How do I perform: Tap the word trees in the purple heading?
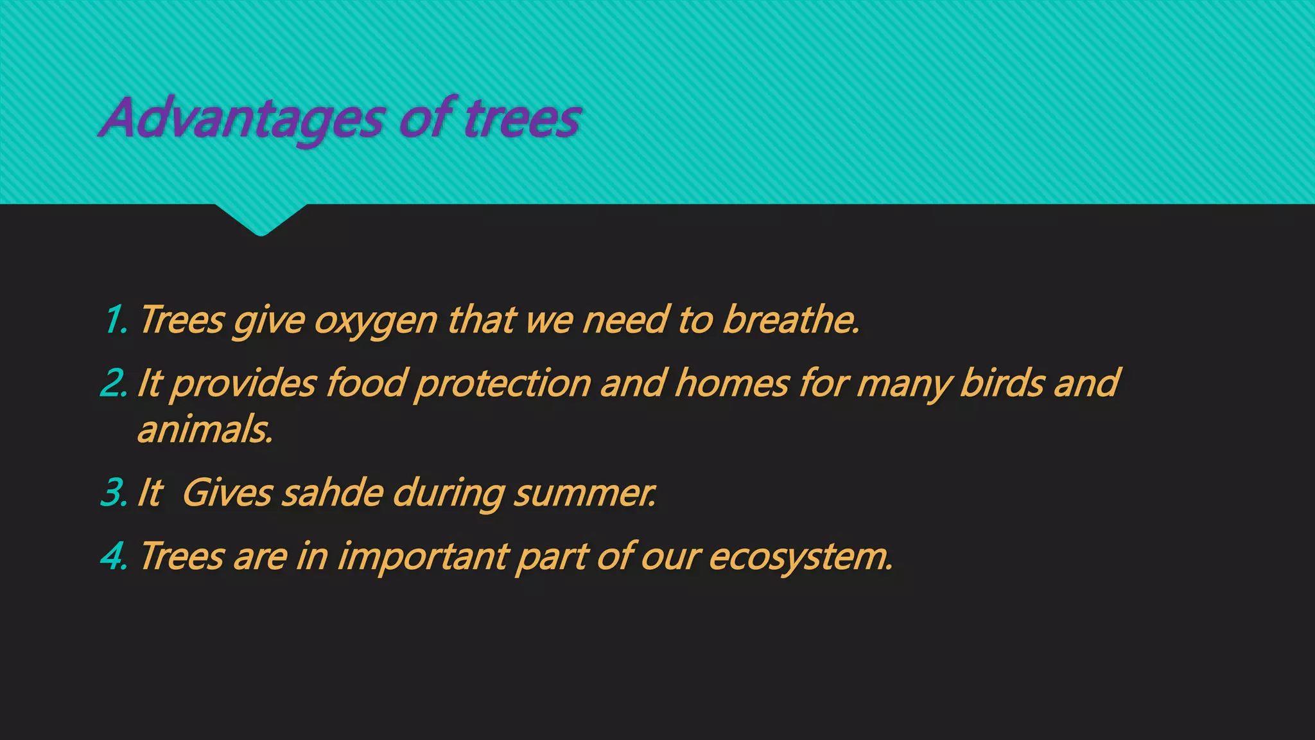click(x=522, y=119)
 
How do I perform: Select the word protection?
click(x=503, y=384)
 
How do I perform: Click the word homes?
click(x=732, y=383)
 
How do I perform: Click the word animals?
click(x=205, y=429)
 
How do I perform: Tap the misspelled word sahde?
click(x=333, y=493)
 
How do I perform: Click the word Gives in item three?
click(x=228, y=493)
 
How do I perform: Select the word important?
click(x=423, y=556)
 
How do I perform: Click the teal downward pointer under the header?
click(x=261, y=220)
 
